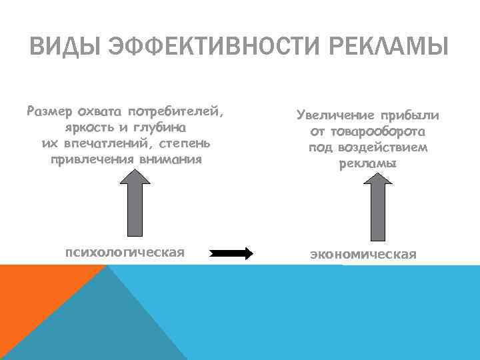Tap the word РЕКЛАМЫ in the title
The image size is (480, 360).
(x=387, y=48)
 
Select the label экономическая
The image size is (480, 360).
(x=363, y=254)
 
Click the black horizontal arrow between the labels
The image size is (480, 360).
(x=231, y=253)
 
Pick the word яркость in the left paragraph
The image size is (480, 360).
(x=91, y=127)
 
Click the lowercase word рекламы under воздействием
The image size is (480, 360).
(x=367, y=163)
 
